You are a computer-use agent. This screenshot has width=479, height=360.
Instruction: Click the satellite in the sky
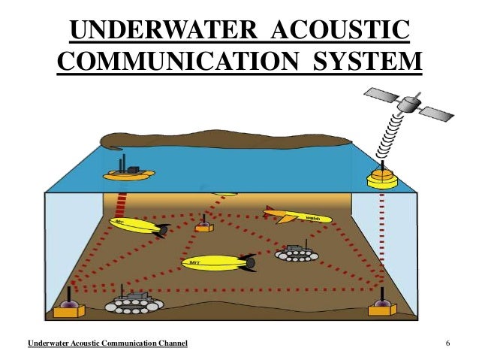point(408,104)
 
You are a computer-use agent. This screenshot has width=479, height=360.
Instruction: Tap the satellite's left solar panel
point(380,95)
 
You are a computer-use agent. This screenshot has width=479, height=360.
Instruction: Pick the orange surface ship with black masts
point(128,172)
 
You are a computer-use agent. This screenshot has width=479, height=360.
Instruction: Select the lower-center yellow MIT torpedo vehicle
point(218,262)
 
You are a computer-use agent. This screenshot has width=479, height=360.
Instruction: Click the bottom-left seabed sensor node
point(69,306)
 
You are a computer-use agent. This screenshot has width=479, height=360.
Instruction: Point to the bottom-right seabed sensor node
point(382,306)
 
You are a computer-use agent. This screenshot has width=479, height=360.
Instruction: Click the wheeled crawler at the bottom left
point(134,304)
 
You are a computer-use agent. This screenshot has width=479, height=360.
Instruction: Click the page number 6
point(447,344)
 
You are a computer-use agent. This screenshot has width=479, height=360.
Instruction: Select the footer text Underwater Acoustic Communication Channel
point(107,344)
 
